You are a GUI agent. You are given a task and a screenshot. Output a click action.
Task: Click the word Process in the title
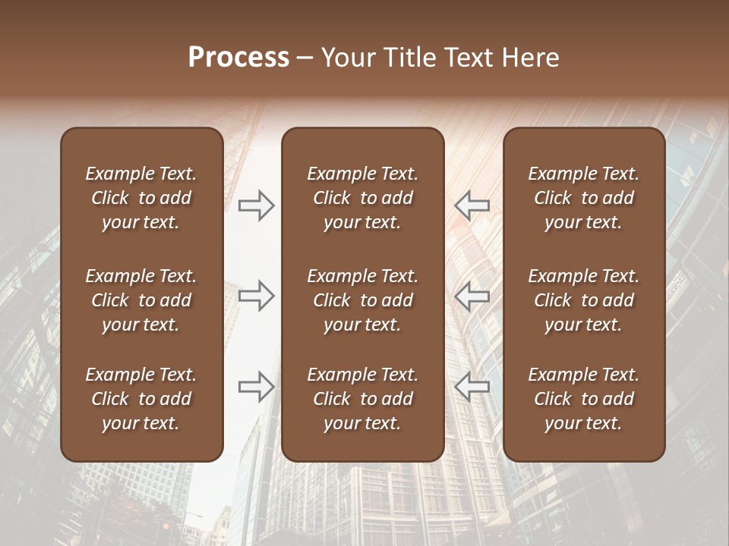[238, 58]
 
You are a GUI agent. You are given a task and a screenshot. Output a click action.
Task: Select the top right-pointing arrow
[257, 206]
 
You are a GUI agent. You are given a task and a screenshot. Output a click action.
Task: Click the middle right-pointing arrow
[257, 296]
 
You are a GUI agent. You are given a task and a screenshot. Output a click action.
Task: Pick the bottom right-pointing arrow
[257, 386]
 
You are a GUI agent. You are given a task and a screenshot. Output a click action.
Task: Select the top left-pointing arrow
[472, 206]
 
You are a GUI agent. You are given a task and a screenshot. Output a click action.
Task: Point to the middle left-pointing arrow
[472, 296]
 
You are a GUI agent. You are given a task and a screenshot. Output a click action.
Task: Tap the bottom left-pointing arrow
[472, 386]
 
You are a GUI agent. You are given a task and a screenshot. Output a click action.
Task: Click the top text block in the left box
[141, 198]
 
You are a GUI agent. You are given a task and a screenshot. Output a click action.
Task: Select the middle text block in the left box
[141, 300]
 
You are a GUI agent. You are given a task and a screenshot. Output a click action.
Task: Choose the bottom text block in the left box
[141, 399]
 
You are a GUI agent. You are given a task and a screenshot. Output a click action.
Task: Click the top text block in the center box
[362, 198]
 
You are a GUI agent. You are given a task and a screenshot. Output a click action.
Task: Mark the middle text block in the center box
[362, 300]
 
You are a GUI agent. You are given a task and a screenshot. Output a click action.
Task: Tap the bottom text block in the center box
[362, 399]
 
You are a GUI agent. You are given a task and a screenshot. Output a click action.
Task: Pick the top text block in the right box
[583, 198]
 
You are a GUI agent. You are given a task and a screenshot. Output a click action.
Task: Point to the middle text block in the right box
[583, 300]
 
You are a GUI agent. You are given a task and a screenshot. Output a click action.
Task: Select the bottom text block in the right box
[583, 399]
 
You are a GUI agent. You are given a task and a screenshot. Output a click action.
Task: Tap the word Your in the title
[346, 58]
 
